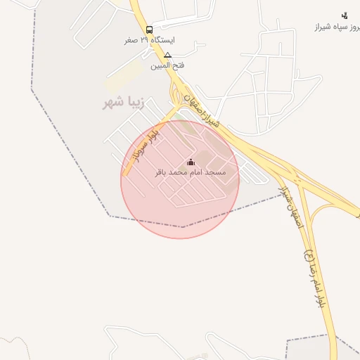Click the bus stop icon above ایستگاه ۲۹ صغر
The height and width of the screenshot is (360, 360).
pyautogui.click(x=149, y=30)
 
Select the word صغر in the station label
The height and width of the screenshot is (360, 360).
pyautogui.click(x=131, y=40)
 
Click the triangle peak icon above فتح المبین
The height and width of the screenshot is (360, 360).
pyautogui.click(x=167, y=55)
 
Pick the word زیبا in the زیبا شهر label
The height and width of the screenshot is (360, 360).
pyautogui.click(x=133, y=103)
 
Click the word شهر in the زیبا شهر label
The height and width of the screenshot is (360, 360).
pyautogui.click(x=112, y=103)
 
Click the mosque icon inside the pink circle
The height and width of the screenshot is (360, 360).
pyautogui.click(x=191, y=162)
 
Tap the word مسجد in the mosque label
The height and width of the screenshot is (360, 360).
pyautogui.click(x=218, y=172)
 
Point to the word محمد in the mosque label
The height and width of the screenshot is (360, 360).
pyautogui.click(x=181, y=172)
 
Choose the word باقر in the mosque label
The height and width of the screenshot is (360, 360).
pyautogui.click(x=163, y=172)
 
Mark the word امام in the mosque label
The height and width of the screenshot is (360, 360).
pyautogui.click(x=199, y=172)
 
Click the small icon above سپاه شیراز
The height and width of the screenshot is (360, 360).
pyautogui.click(x=344, y=15)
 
